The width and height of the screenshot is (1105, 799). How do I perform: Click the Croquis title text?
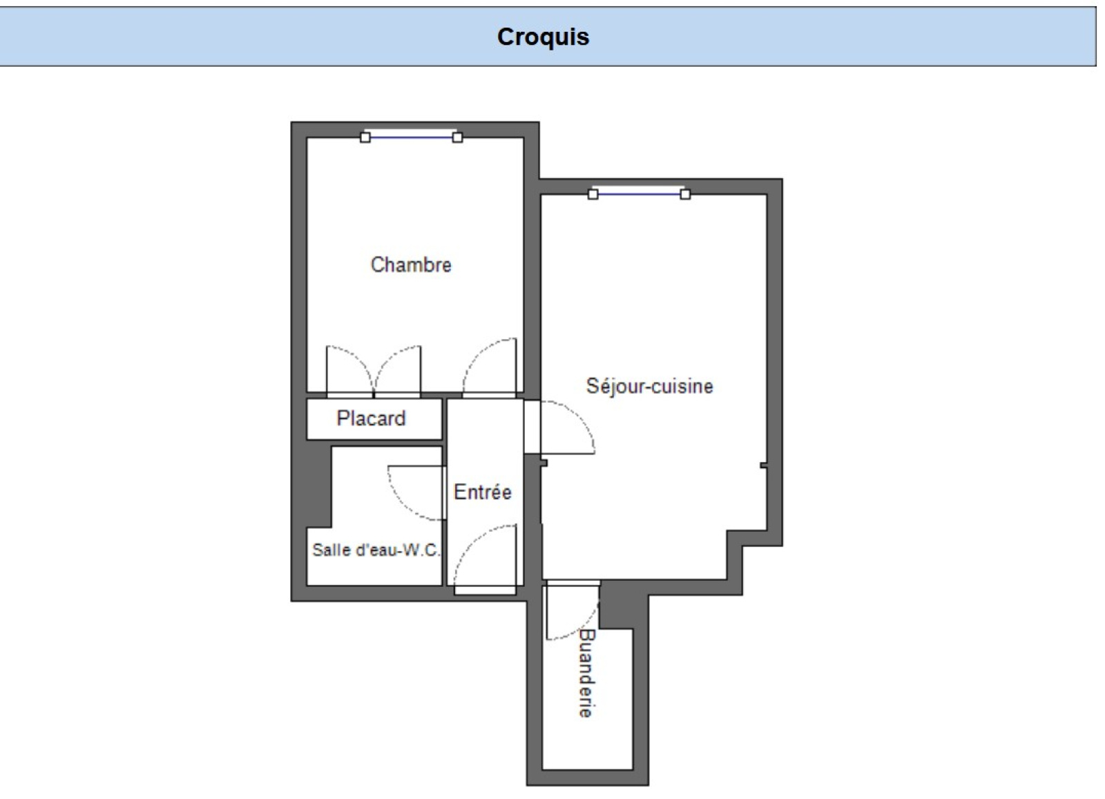pos(543,37)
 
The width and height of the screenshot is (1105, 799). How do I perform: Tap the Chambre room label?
pos(411,265)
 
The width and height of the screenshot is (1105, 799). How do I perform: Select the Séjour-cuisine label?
pos(650,386)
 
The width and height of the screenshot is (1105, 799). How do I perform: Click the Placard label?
pos(371,418)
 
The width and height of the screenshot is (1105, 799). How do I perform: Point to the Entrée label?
pos(483,492)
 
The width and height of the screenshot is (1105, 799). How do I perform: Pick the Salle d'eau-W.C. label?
pos(376,550)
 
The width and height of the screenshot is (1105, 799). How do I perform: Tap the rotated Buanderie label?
pos(586,673)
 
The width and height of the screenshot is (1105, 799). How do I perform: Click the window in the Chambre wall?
pos(412,136)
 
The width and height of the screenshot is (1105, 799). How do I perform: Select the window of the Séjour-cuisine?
pos(639,193)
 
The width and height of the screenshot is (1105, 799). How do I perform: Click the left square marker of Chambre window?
pos(365,137)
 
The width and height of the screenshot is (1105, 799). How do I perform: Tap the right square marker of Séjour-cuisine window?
pos(685,194)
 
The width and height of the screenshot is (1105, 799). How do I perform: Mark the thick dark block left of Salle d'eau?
pos(318,484)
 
